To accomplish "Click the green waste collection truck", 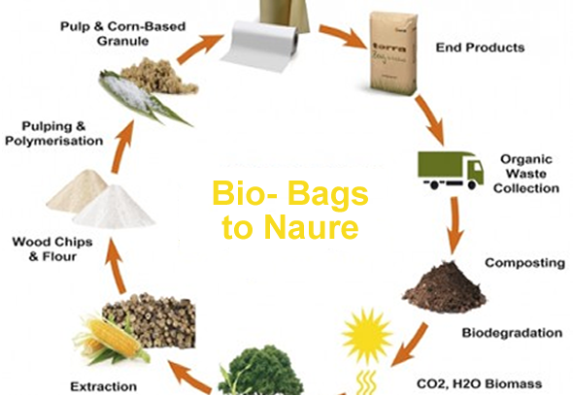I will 450,169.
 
